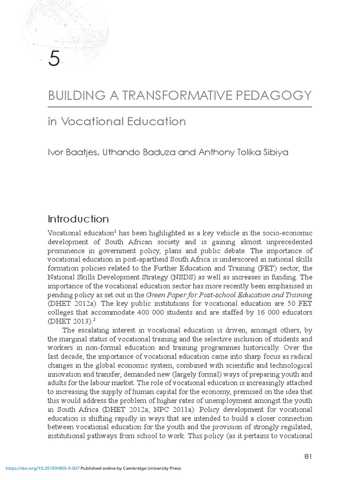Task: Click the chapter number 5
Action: (x=54, y=60)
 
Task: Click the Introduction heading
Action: (x=78, y=219)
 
